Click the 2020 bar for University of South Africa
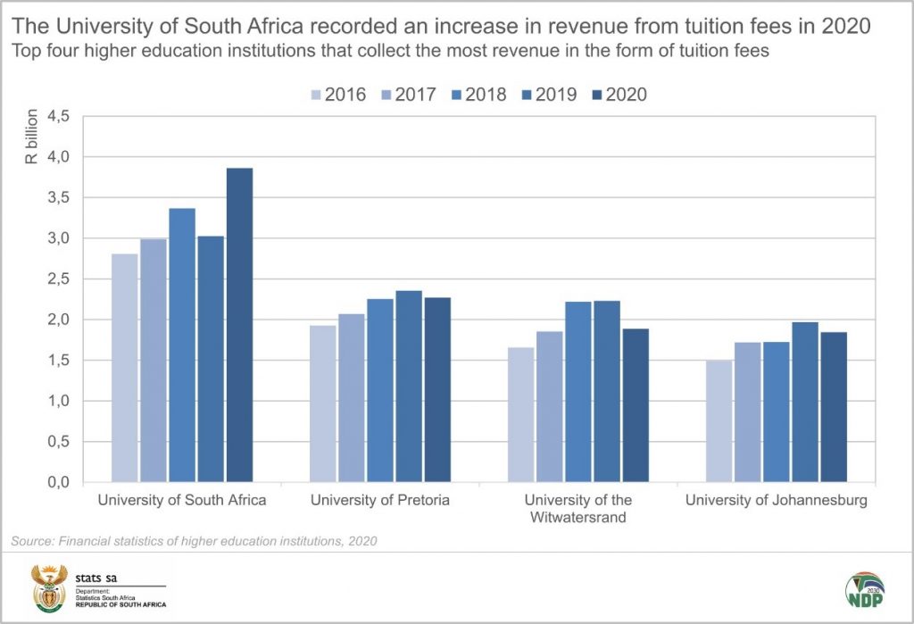point(239,325)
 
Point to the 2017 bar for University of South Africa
point(154,361)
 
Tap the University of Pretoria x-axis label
point(380,500)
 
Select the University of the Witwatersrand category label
point(577,508)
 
